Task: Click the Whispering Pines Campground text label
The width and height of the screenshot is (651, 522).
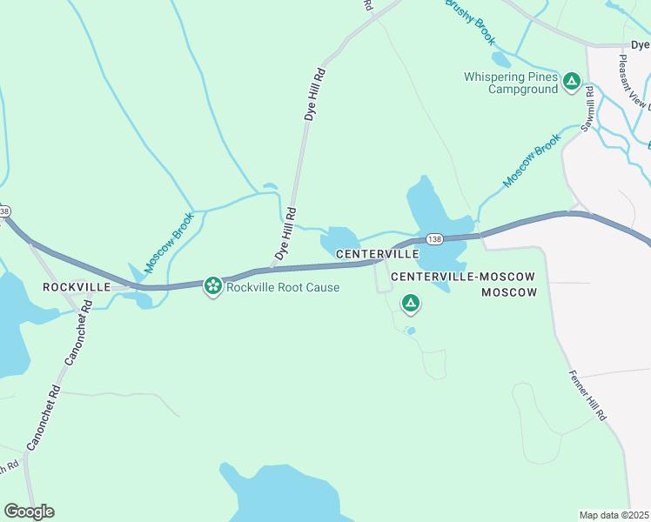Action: pos(510,83)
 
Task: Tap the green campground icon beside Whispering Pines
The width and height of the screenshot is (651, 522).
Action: pos(572,83)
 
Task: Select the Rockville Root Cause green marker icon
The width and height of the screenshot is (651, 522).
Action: pos(212,286)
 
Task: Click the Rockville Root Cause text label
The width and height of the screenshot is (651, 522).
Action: pos(283,287)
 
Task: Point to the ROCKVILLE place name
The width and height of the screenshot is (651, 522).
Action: pos(77,287)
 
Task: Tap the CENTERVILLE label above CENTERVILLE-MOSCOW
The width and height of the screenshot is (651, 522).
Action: pos(377,255)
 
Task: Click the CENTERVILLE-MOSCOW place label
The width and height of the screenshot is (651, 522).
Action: pos(463,276)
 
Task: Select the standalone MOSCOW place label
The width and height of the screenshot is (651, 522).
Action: pos(509,292)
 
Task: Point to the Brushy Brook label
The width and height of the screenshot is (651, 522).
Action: pos(470,22)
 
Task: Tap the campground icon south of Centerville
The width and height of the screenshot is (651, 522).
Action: pos(410,304)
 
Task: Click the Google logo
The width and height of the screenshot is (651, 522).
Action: pos(29,511)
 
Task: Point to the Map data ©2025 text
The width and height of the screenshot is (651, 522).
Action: pos(614,514)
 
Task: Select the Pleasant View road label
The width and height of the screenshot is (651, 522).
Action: pos(634,83)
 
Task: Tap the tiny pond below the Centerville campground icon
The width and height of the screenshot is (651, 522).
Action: pos(411,331)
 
